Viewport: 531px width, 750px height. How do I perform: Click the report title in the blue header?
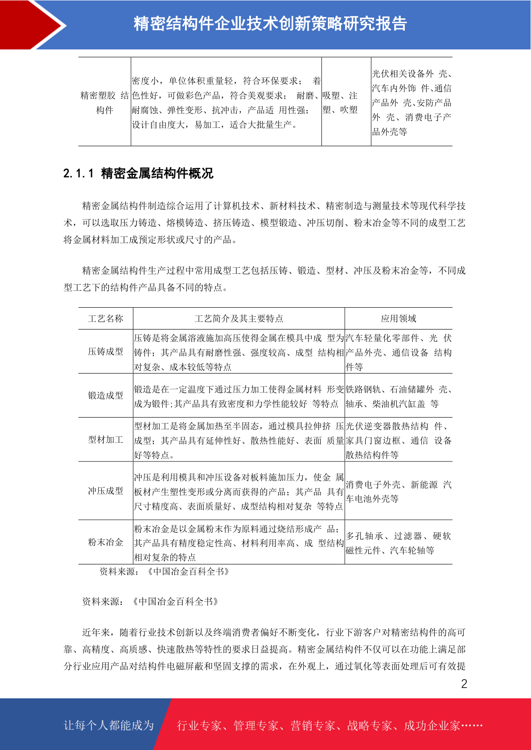[270, 24]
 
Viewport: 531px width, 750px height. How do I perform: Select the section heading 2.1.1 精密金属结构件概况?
[138, 173]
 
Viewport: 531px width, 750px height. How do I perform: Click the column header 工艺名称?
[106, 318]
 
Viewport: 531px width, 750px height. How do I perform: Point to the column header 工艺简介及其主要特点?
[239, 318]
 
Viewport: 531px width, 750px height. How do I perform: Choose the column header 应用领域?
[398, 318]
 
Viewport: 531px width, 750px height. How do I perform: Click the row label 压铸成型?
[106, 351]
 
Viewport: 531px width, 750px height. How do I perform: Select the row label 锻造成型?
[106, 395]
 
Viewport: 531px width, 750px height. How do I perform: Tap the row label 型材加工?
[106, 440]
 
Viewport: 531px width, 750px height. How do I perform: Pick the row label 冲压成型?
[106, 491]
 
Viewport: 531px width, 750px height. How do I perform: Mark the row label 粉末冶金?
[106, 542]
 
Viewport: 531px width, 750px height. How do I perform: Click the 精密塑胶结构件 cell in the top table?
[105, 102]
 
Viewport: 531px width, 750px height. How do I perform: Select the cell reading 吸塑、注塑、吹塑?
[340, 102]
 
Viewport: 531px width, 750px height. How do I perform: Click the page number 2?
[464, 684]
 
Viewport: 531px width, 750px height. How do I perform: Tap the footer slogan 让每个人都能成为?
[109, 726]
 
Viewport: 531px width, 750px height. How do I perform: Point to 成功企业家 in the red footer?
[432, 726]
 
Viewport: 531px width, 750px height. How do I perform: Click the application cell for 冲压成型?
[398, 491]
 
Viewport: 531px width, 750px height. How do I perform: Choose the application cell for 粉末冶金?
[398, 543]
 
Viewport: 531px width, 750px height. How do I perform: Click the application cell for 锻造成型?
[398, 396]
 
